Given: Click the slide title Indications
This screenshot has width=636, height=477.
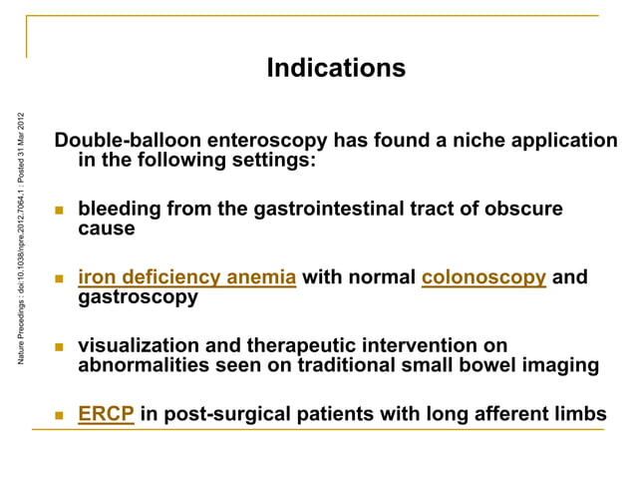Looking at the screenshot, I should click(x=336, y=68).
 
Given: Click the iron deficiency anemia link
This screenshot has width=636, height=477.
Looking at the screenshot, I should click(x=186, y=277).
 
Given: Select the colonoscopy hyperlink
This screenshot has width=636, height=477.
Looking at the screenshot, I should click(x=483, y=277).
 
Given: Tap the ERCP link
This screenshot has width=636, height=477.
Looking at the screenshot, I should click(x=107, y=414).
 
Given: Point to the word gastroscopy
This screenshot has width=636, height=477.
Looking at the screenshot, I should click(x=138, y=297).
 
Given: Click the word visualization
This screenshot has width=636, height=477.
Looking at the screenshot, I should click(x=142, y=346).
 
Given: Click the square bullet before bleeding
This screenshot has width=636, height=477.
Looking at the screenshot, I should click(x=59, y=211).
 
